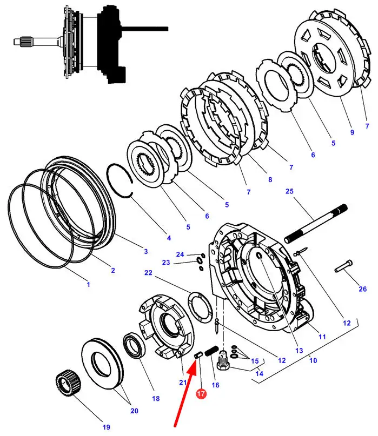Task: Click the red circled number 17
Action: click(x=201, y=393)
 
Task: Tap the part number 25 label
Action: click(x=289, y=191)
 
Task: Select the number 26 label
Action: click(x=363, y=289)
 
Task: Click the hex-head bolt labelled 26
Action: click(x=343, y=266)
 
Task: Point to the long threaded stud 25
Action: click(x=316, y=223)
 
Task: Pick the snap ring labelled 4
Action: click(x=120, y=181)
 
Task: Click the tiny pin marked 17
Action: click(x=198, y=355)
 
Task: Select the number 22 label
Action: click(x=148, y=273)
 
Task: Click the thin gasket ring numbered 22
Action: click(x=201, y=307)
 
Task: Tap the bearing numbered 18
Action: click(x=134, y=346)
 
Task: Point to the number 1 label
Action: click(x=89, y=285)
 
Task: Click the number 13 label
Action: click(x=299, y=351)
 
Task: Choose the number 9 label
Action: click(x=352, y=132)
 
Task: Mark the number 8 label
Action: click(x=270, y=179)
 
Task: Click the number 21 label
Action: click(x=183, y=383)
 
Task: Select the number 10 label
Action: click(x=313, y=360)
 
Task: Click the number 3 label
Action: click(x=146, y=251)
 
